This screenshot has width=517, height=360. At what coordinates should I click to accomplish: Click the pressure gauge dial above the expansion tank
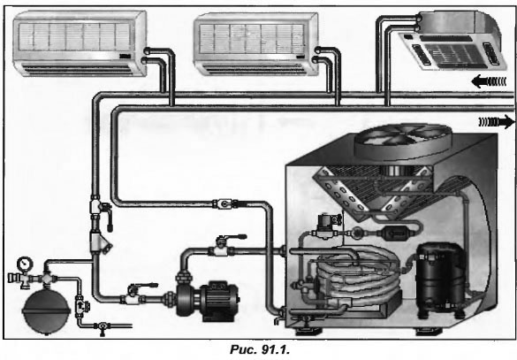[25, 264]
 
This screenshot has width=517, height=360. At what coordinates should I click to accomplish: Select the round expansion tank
[46, 310]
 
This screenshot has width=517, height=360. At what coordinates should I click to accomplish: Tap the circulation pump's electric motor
[219, 300]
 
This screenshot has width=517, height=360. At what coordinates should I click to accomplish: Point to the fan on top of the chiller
[403, 141]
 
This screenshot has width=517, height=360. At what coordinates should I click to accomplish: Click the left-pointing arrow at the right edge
[489, 81]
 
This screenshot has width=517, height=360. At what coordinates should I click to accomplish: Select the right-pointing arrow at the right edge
[496, 122]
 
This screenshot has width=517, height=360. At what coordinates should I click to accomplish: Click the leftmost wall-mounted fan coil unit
[80, 43]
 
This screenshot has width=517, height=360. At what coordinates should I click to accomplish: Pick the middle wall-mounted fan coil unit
[255, 44]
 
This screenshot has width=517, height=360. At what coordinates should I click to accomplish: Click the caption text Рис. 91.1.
[260, 349]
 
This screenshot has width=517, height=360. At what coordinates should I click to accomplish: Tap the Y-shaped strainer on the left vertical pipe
[100, 243]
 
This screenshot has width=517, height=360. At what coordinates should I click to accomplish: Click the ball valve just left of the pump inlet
[136, 294]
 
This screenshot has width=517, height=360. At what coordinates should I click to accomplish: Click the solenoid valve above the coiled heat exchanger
[325, 226]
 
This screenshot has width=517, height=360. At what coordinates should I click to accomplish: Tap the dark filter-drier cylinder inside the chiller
[395, 234]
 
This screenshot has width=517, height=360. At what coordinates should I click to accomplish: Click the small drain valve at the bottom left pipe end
[102, 327]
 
